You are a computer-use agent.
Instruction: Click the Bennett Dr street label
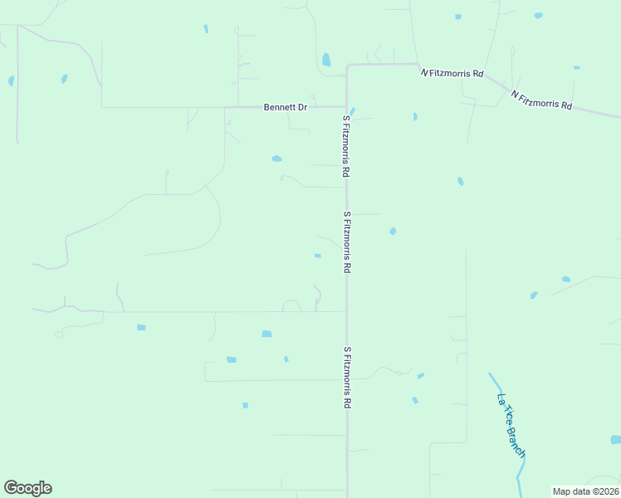click(286, 107)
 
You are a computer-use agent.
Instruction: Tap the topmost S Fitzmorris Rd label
click(346, 147)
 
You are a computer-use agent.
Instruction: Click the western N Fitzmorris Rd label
click(452, 73)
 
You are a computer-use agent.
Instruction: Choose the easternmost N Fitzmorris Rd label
click(542, 100)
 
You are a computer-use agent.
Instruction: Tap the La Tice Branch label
click(511, 424)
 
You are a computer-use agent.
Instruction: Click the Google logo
click(27, 488)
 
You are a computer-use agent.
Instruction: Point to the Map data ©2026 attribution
click(585, 491)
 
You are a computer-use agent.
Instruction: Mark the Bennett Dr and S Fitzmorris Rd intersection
click(346, 107)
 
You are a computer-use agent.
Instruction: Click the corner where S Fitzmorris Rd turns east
click(347, 65)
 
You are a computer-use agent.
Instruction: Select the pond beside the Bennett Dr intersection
click(352, 112)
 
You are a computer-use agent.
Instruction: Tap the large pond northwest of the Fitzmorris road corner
click(326, 60)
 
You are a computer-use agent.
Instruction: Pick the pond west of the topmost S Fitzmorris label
click(276, 159)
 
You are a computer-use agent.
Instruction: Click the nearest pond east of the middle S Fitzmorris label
click(393, 231)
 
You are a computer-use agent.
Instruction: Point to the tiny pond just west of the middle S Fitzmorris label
click(318, 256)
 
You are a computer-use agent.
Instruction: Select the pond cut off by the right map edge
click(615, 439)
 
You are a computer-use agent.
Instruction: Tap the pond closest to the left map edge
click(11, 81)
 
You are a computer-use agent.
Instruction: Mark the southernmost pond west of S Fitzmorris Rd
click(245, 405)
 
